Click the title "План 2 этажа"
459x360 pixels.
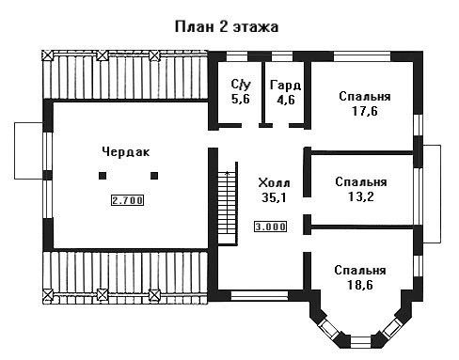coord(227,27)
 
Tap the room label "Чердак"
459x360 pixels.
coord(126,152)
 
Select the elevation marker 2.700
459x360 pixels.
coord(127,200)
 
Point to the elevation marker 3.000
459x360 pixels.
coord(270,227)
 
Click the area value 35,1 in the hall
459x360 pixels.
coord(274,197)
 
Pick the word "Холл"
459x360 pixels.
coord(274,182)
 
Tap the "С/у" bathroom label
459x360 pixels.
coord(241,84)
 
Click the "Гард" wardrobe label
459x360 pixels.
coord(286,86)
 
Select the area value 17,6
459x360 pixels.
coord(365,111)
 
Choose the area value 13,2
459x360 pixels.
coord(361,196)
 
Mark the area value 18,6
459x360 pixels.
coord(359,285)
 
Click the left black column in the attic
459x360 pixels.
coord(103,176)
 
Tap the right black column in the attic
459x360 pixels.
coord(154,176)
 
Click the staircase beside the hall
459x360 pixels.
coord(228,204)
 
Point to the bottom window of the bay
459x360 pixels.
coord(360,342)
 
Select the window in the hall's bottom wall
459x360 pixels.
coord(260,295)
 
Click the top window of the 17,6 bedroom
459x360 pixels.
coord(362,56)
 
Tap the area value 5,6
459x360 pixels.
coord(241,99)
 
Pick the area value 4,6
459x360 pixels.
coord(286,100)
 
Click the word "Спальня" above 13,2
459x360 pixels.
coord(361,182)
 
